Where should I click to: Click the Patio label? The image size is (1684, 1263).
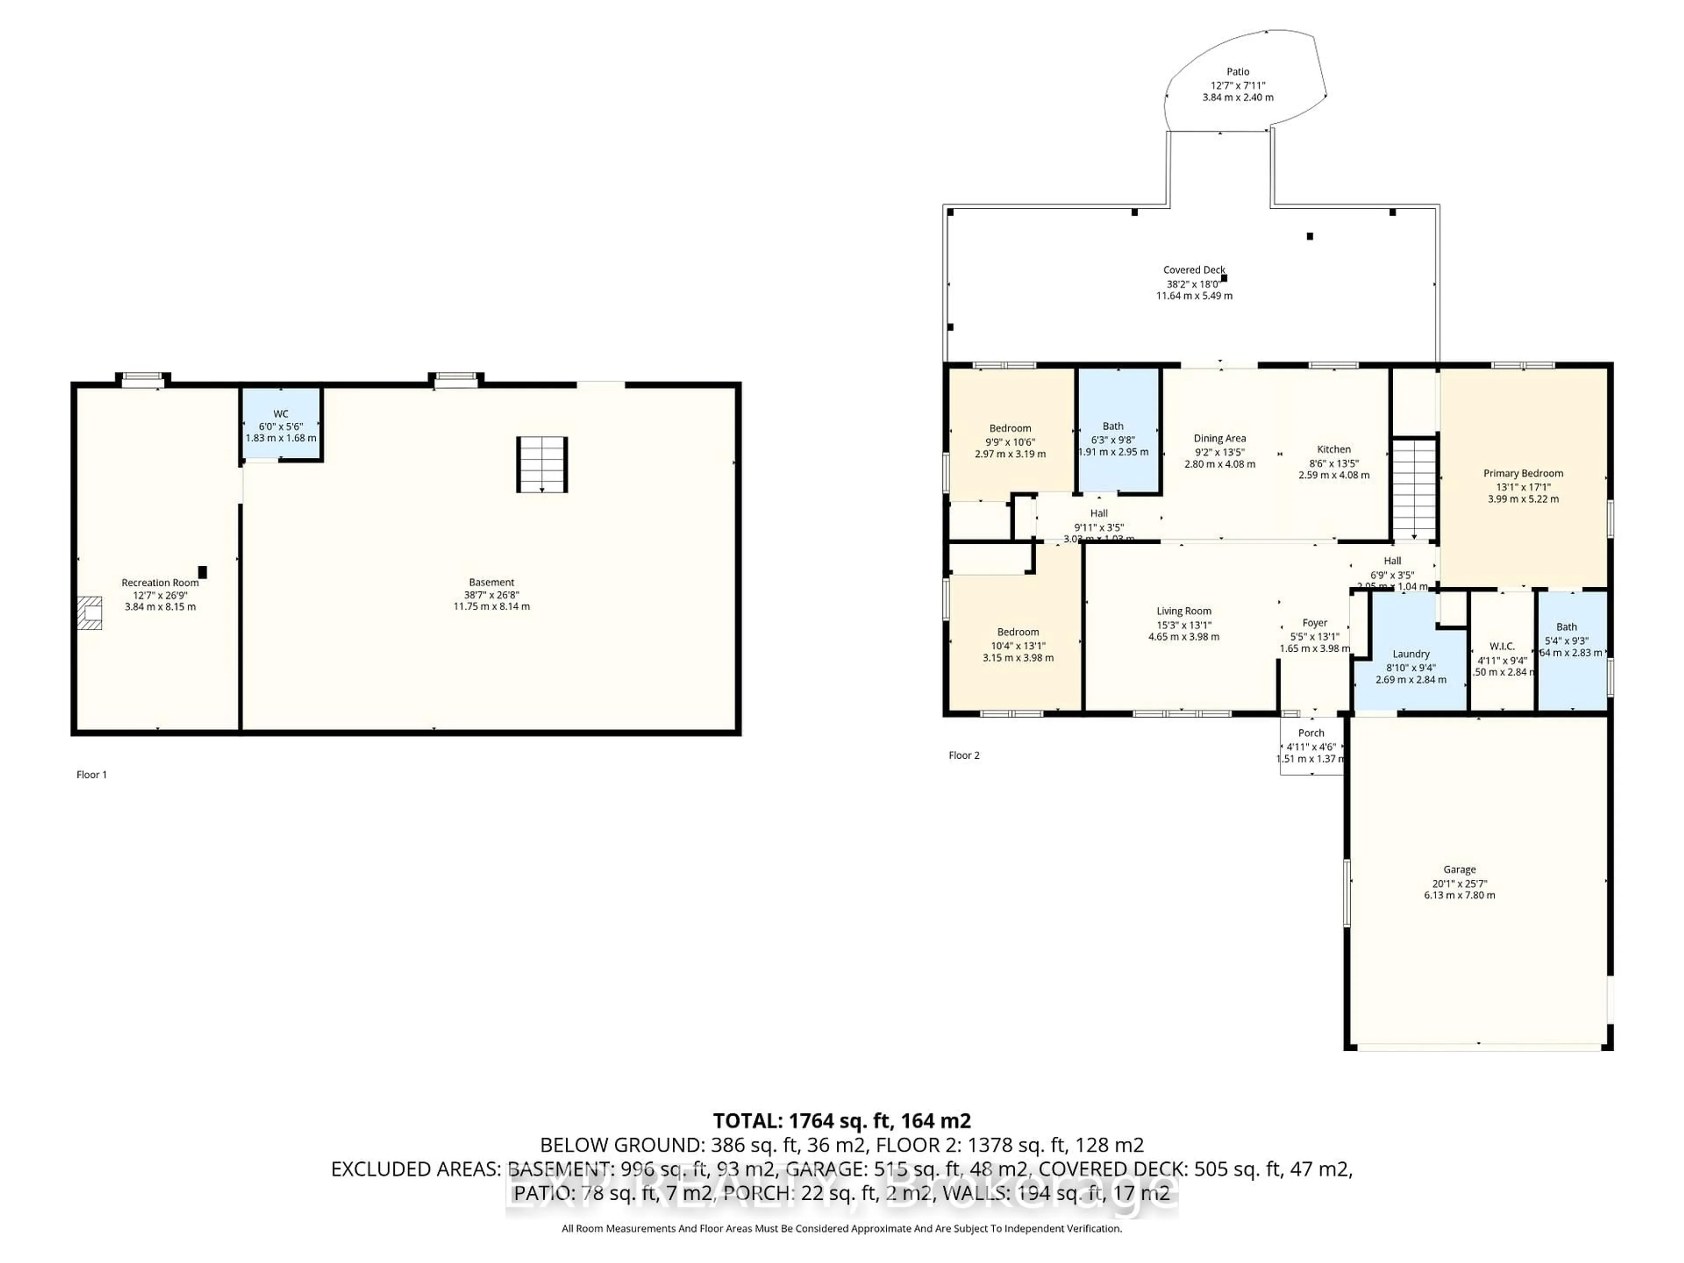pyautogui.click(x=1237, y=71)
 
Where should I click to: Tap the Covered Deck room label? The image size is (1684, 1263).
pyautogui.click(x=1194, y=270)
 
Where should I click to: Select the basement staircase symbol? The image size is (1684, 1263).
pyautogui.click(x=542, y=464)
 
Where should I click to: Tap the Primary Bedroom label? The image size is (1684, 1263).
pyautogui.click(x=1523, y=474)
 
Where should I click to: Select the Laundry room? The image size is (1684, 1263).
pyautogui.click(x=1411, y=655)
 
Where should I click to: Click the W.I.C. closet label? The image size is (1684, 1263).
pyautogui.click(x=1501, y=646)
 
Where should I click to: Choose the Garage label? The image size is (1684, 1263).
pyautogui.click(x=1459, y=869)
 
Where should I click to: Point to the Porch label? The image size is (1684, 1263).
pyautogui.click(x=1311, y=733)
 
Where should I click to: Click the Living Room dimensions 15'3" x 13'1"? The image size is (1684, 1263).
pyautogui.click(x=1183, y=625)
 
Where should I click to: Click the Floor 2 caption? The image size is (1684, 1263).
pyautogui.click(x=964, y=755)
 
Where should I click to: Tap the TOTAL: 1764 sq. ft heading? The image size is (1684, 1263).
pyautogui.click(x=841, y=1120)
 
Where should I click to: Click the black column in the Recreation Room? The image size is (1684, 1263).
pyautogui.click(x=203, y=572)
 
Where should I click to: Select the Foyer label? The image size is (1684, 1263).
pyautogui.click(x=1314, y=623)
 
